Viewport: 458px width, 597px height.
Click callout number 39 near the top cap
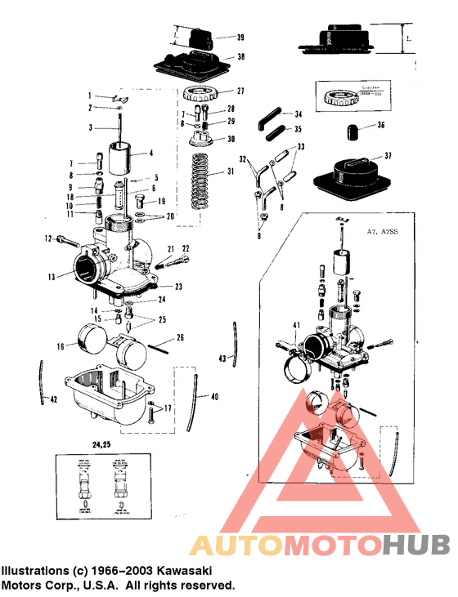(x=240, y=38)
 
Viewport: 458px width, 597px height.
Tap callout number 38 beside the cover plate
(x=240, y=57)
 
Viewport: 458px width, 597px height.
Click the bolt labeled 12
(x=66, y=240)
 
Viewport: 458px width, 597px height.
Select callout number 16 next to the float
(x=60, y=346)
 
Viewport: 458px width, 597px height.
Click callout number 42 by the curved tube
(x=54, y=400)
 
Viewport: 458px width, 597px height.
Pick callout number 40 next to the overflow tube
(x=215, y=397)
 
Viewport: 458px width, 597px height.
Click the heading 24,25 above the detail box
(x=103, y=445)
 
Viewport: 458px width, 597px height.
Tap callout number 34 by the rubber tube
(x=299, y=114)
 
